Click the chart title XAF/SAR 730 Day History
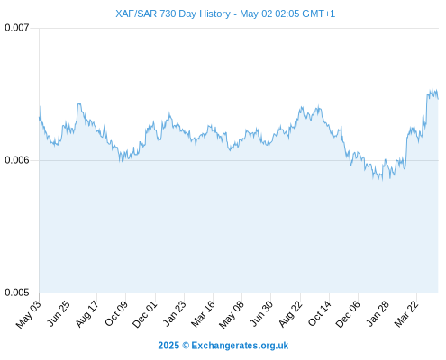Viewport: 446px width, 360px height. point(173,13)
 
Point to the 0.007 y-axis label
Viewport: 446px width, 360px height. point(17,28)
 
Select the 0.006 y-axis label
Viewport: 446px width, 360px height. point(17,160)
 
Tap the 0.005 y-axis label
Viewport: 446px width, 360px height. point(17,292)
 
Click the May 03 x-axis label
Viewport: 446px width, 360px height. point(29,314)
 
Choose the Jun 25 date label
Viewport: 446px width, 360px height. point(59,313)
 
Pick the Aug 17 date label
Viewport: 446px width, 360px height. point(87,313)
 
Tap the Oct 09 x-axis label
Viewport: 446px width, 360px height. point(116,313)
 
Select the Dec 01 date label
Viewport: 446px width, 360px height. point(145,314)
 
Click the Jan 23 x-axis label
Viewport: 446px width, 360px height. point(174,313)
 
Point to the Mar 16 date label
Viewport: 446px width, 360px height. point(203,313)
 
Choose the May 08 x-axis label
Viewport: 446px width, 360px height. point(232,314)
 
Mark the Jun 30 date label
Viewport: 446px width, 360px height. point(261,313)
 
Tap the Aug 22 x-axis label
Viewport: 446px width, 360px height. point(290,313)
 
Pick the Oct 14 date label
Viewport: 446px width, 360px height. point(319,313)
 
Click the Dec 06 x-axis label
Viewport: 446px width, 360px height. point(348,314)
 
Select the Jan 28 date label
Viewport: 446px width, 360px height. point(378,313)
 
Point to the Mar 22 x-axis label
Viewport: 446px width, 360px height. point(406,313)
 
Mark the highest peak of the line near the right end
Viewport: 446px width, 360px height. point(432,87)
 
